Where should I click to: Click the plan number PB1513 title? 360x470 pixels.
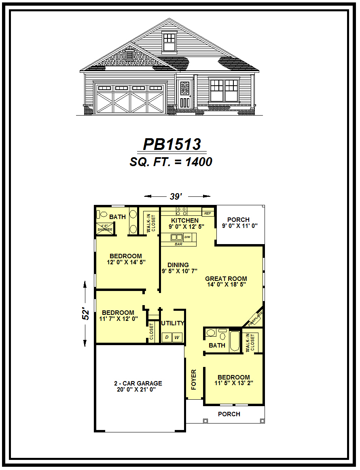pos(172,144)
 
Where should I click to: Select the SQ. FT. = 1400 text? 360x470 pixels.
pos(171,162)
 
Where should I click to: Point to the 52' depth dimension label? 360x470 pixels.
pos(86,314)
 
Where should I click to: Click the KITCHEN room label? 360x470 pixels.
pos(185,220)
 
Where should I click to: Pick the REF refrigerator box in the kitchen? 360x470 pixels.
pos(208,213)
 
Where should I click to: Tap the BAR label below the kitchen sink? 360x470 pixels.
pos(178,244)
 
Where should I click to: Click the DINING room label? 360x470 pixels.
pos(178,265)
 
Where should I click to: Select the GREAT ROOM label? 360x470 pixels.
pos(226,278)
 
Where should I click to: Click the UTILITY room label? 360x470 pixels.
pos(173,323)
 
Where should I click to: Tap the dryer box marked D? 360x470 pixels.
pos(166,337)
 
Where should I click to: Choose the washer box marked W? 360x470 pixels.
pos(177,337)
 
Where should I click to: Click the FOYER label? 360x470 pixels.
pos(194,379)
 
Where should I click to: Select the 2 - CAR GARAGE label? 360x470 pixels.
pos(138,383)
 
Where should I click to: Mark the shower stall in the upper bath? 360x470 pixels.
pos(105,228)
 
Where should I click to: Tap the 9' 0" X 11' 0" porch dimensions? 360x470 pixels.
pos(240,226)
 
